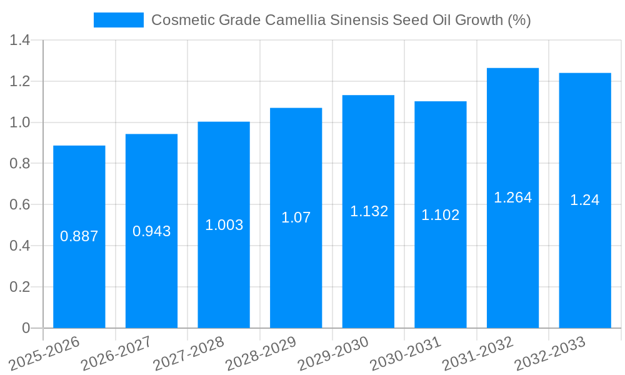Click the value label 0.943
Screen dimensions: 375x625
(151, 231)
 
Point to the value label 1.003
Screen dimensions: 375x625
(224, 225)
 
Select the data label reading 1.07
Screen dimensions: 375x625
(296, 217)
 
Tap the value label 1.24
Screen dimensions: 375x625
(584, 200)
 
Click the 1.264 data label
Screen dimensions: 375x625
(512, 197)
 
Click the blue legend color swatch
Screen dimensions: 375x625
(119, 20)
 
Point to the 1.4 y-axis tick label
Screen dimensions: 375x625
(21, 41)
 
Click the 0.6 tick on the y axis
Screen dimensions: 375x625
(21, 205)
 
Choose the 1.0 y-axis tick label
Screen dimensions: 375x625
(21, 122)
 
